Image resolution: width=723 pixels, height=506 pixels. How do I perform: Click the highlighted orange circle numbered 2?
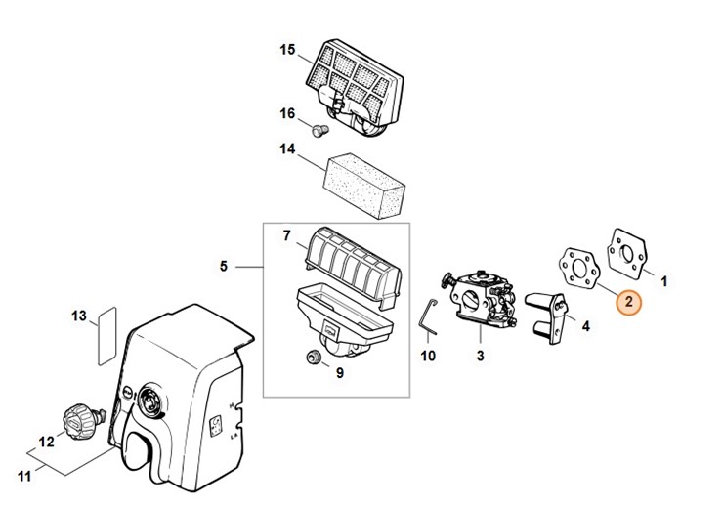(629, 302)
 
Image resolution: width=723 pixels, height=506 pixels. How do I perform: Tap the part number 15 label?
(287, 49)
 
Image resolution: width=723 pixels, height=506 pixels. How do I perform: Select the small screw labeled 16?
(320, 131)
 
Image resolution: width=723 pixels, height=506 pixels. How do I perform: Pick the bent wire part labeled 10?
(429, 316)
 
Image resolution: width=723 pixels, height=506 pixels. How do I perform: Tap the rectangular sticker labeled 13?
(107, 336)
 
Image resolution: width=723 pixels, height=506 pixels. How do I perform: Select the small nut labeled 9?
(314, 358)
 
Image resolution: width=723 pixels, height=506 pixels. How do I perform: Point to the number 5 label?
(224, 266)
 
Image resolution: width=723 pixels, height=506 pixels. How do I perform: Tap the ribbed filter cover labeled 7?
(353, 271)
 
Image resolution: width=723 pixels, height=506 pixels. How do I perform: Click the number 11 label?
(24, 475)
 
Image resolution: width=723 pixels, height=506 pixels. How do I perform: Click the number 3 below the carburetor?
(481, 356)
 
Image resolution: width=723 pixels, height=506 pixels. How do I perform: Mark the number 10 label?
(428, 356)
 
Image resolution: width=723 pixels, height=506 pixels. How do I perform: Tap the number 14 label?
(287, 149)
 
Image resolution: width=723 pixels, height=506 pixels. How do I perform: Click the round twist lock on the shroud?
(150, 400)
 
